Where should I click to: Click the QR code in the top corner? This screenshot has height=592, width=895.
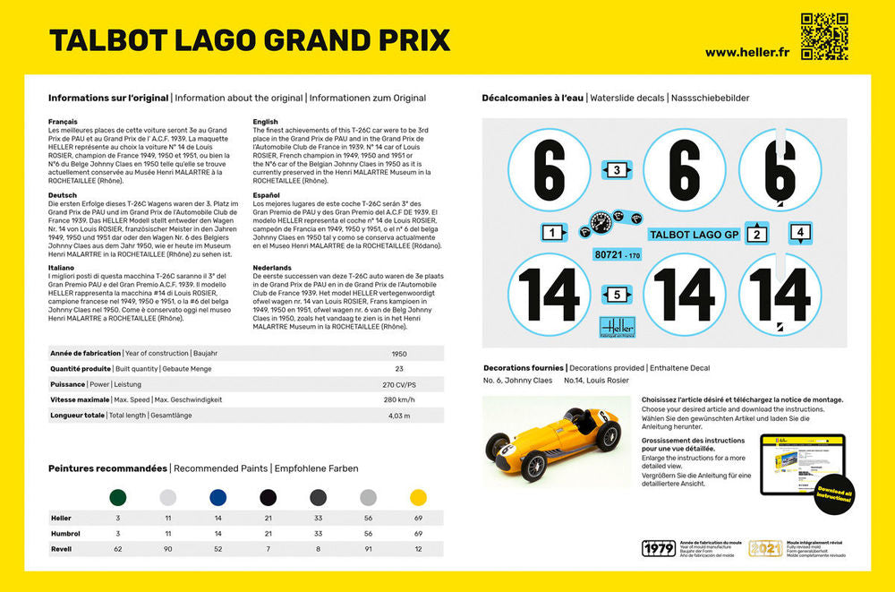pyautogui.click(x=823, y=37)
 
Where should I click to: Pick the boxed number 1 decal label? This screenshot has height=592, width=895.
pyautogui.click(x=553, y=233)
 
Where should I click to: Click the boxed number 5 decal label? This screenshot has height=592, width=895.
pyautogui.click(x=616, y=295)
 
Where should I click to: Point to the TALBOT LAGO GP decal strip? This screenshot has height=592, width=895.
pyautogui.click(x=694, y=235)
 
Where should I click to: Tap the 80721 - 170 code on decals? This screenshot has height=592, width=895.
pyautogui.click(x=617, y=256)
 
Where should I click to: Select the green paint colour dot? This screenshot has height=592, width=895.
pyautogui.click(x=117, y=497)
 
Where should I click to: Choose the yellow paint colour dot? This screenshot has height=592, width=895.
pyautogui.click(x=418, y=497)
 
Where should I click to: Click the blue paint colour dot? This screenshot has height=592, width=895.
pyautogui.click(x=217, y=497)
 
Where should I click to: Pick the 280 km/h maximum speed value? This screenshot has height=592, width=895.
pyautogui.click(x=400, y=399)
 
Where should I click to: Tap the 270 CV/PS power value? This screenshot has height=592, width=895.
pyautogui.click(x=400, y=384)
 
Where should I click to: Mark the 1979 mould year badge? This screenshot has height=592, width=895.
pyautogui.click(x=659, y=549)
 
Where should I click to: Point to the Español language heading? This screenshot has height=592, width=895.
pyautogui.click(x=268, y=194)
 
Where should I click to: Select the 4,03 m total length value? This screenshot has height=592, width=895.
pyautogui.click(x=400, y=416)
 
